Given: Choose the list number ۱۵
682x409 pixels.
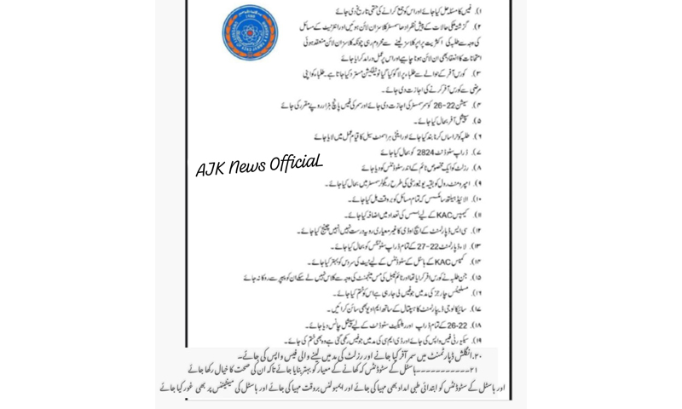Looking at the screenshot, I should click(500, 276).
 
